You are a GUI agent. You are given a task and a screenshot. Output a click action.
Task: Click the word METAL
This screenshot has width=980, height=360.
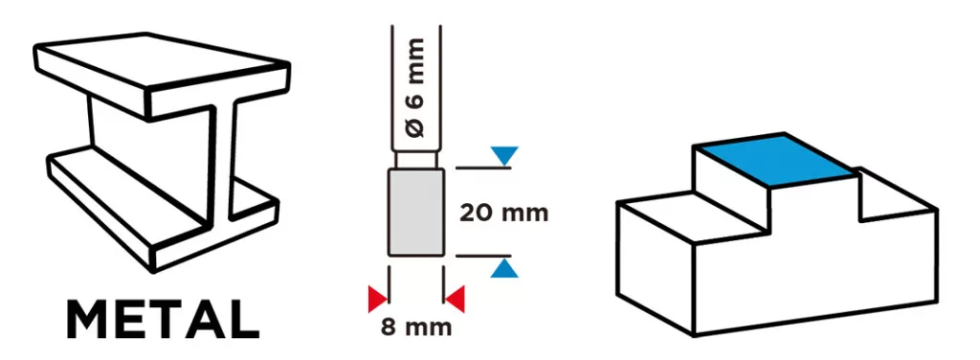[x=163, y=320]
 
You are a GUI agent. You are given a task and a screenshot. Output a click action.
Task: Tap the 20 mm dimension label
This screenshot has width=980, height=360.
[x=503, y=214]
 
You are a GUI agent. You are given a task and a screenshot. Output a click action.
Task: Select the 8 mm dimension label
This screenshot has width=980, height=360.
[x=415, y=327]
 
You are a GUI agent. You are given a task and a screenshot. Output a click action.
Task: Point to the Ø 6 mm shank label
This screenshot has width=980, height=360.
[x=415, y=87]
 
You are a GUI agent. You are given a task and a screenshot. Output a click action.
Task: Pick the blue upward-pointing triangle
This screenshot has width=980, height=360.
[x=504, y=269]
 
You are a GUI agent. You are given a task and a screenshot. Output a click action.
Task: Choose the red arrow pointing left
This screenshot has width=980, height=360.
[x=455, y=298]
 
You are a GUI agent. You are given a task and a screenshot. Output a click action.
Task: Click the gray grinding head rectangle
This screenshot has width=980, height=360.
[x=416, y=213]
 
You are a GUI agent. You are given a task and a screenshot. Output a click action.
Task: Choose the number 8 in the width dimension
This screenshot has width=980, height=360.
[x=389, y=327]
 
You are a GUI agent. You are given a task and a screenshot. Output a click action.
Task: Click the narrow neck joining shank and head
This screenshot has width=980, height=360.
[x=416, y=160]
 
